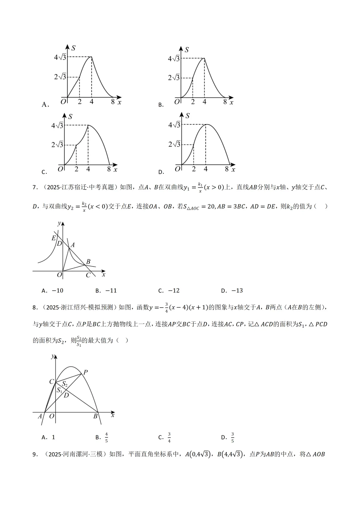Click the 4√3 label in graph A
tap(60, 57)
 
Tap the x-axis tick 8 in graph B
tap(225, 102)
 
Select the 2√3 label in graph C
tap(57, 145)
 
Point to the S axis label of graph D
tap(188, 116)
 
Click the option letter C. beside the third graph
tap(44, 172)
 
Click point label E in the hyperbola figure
tap(53, 238)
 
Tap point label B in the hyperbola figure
tap(88, 262)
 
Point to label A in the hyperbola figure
tap(73, 245)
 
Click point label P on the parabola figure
tap(85, 372)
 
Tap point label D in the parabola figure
tap(66, 395)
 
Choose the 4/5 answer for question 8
tap(106, 437)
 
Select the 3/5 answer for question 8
tap(232, 437)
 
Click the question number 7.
tap(35, 187)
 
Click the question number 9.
tap(35, 454)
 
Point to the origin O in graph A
tap(63, 102)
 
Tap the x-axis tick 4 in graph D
tap(205, 169)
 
